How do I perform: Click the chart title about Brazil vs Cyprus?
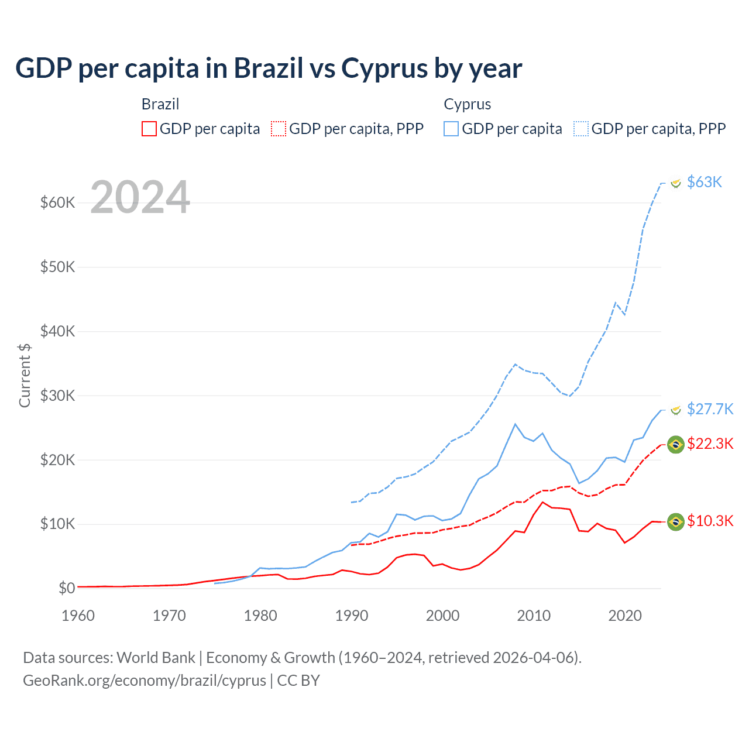(x=269, y=68)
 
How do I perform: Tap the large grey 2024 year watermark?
(x=140, y=197)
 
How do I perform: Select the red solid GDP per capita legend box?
(x=149, y=129)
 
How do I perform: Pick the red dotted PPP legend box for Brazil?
(x=279, y=129)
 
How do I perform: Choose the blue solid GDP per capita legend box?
(x=451, y=129)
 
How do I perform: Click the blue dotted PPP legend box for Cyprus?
(x=581, y=129)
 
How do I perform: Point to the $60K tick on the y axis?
(x=57, y=203)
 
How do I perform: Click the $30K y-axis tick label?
(x=57, y=396)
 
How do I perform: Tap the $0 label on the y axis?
(x=66, y=588)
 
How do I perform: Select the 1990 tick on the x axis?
(x=352, y=616)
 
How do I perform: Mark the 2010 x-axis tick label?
(x=534, y=616)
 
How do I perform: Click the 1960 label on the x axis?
(x=78, y=616)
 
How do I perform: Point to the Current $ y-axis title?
(x=25, y=375)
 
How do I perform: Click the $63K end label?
(x=705, y=183)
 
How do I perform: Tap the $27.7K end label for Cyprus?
(x=710, y=409)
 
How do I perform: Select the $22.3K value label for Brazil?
(x=710, y=444)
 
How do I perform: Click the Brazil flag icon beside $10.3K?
(x=676, y=521)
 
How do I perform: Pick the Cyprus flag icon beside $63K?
(x=676, y=183)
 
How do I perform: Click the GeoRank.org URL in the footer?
(x=145, y=681)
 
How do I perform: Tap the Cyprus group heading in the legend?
(x=467, y=104)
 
